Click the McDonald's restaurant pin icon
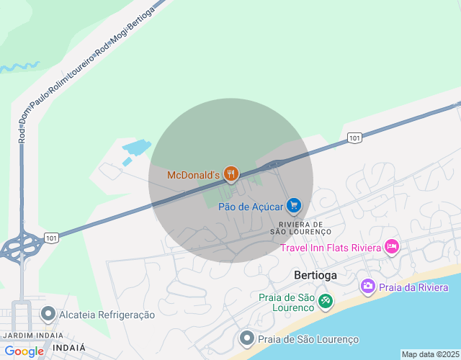pos(230,174)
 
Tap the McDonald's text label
pos(193,175)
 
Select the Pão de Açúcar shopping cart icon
pos(293,206)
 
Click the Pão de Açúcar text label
pos(250,207)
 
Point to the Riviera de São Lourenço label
pos(300,228)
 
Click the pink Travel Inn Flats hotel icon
pos(392,247)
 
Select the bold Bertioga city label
pos(315,275)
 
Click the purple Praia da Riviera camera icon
pos(368,287)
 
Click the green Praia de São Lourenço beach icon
pos(326,300)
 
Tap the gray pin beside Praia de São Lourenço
pos(246,338)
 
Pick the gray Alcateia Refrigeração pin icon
pos(48,314)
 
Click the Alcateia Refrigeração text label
pos(107,315)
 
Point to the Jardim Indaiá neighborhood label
pos(32,336)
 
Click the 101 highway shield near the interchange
pos(50,236)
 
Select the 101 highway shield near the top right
pos(354,138)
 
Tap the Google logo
pos(24,351)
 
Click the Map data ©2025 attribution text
pos(430,354)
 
